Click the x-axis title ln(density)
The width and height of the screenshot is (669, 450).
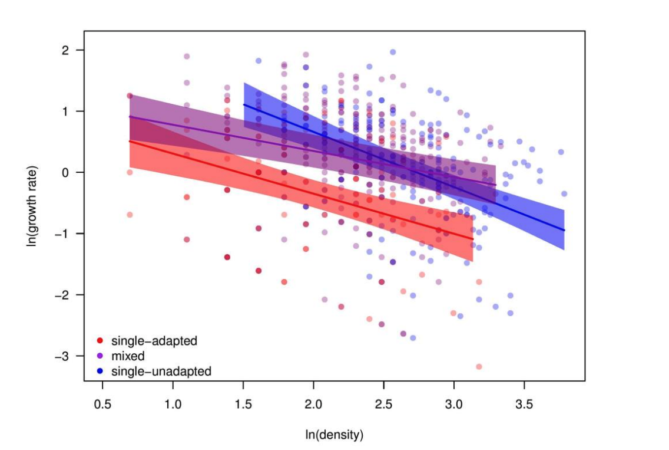pos(334,436)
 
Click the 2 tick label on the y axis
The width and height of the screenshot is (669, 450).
pos(65,50)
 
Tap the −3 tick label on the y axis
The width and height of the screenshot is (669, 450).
pos(62,356)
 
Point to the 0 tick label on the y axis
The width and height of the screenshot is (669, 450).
pos(65,173)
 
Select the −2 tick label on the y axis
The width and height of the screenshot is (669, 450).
pos(62,295)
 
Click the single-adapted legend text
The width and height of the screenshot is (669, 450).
pos(154,341)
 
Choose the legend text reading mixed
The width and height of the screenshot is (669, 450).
pos(128,356)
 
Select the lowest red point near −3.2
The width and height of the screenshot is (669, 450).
pos(479,367)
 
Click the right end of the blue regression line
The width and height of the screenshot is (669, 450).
pos(564,230)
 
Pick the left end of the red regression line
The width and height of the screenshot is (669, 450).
pos(130,141)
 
